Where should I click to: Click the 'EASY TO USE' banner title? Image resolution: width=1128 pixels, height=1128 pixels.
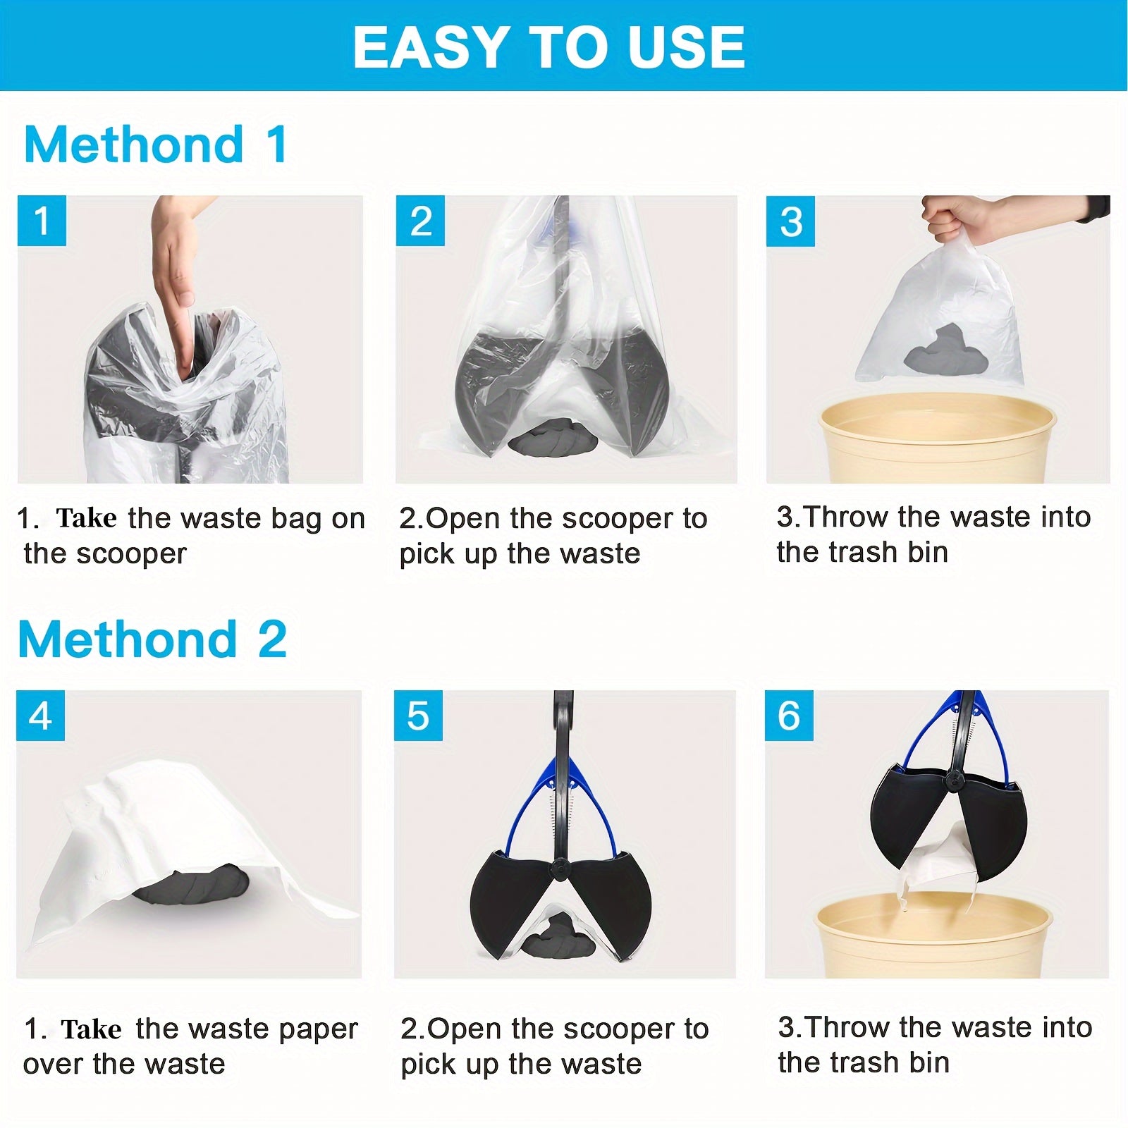(x=548, y=47)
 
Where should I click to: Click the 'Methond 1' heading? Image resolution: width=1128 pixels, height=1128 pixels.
(x=155, y=145)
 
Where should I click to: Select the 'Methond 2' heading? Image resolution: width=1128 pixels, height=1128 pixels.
(x=152, y=639)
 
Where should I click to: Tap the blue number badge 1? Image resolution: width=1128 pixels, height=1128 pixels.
(x=42, y=221)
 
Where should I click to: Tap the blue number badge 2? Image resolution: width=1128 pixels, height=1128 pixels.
(x=420, y=221)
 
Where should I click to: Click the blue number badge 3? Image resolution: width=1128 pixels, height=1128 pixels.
(x=790, y=221)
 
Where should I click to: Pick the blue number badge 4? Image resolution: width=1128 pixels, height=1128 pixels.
(x=40, y=716)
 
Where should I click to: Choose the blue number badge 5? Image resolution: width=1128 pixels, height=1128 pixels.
(x=418, y=716)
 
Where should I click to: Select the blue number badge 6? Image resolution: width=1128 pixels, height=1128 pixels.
(x=789, y=716)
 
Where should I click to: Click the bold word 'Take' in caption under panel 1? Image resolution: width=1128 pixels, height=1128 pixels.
(x=86, y=518)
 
